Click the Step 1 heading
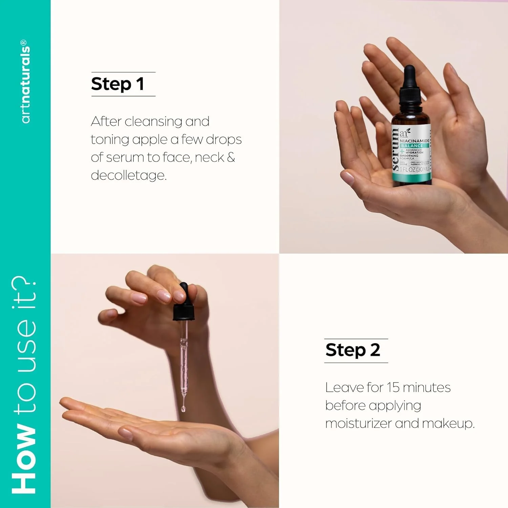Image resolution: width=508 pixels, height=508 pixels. pos(118,84)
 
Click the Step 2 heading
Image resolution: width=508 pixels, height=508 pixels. pos(353,350)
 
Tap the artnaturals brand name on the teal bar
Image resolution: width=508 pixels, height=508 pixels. pos(25,81)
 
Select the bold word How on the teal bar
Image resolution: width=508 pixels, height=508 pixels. pos(24,459)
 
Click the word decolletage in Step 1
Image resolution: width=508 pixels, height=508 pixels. pos(128,175)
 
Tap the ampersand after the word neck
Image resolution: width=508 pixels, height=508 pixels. pos(231,157)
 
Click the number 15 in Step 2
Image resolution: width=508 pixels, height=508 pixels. pos(393,387)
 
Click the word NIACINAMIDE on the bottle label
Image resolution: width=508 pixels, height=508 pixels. pos(414,141)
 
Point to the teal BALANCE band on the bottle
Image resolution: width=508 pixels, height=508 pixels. pos(412,146)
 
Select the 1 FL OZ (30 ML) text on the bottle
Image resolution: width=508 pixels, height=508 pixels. pos(414,169)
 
